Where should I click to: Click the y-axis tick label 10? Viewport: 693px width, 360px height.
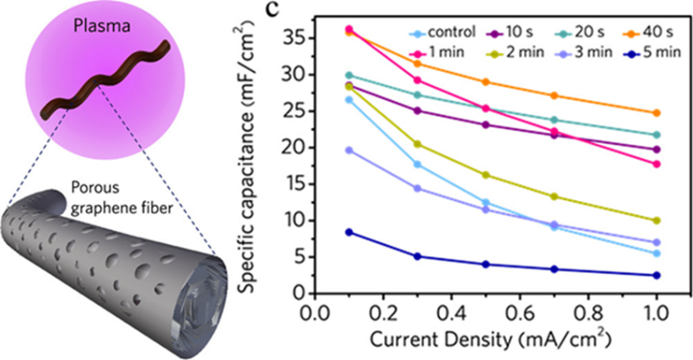[297, 221]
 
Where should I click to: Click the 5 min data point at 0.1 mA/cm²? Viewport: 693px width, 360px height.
[349, 232]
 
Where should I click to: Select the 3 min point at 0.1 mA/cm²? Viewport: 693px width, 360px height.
[349, 150]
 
